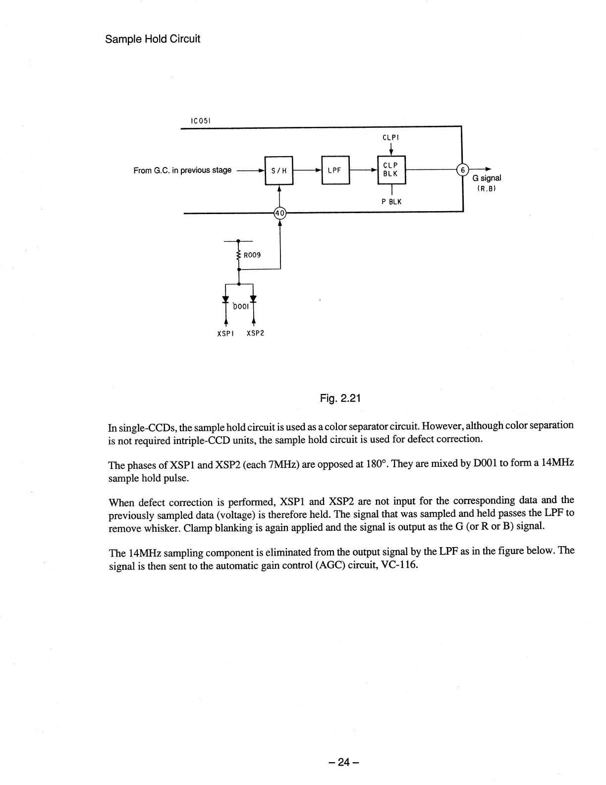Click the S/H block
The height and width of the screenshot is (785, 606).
[279, 170]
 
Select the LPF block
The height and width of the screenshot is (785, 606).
[335, 170]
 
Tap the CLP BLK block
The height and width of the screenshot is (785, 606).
[391, 170]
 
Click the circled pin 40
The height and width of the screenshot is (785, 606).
[280, 213]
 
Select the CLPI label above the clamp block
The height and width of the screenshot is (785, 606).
[391, 137]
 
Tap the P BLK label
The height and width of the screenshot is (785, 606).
[391, 202]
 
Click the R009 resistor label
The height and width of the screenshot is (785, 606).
[252, 255]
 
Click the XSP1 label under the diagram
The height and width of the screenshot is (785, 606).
[225, 333]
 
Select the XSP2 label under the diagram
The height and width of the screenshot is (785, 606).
[255, 333]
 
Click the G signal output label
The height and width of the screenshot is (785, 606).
[487, 178]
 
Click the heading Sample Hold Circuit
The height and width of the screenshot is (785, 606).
[153, 39]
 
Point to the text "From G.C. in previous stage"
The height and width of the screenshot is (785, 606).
[182, 170]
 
